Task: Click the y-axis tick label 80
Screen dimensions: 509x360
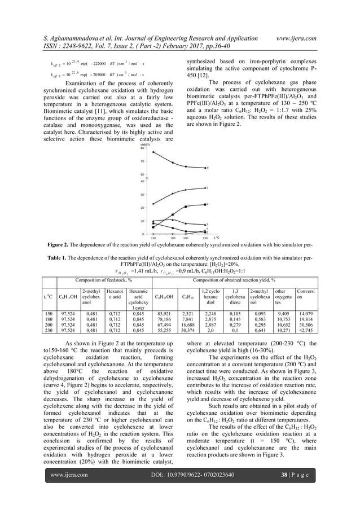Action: (x=143, y=148)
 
